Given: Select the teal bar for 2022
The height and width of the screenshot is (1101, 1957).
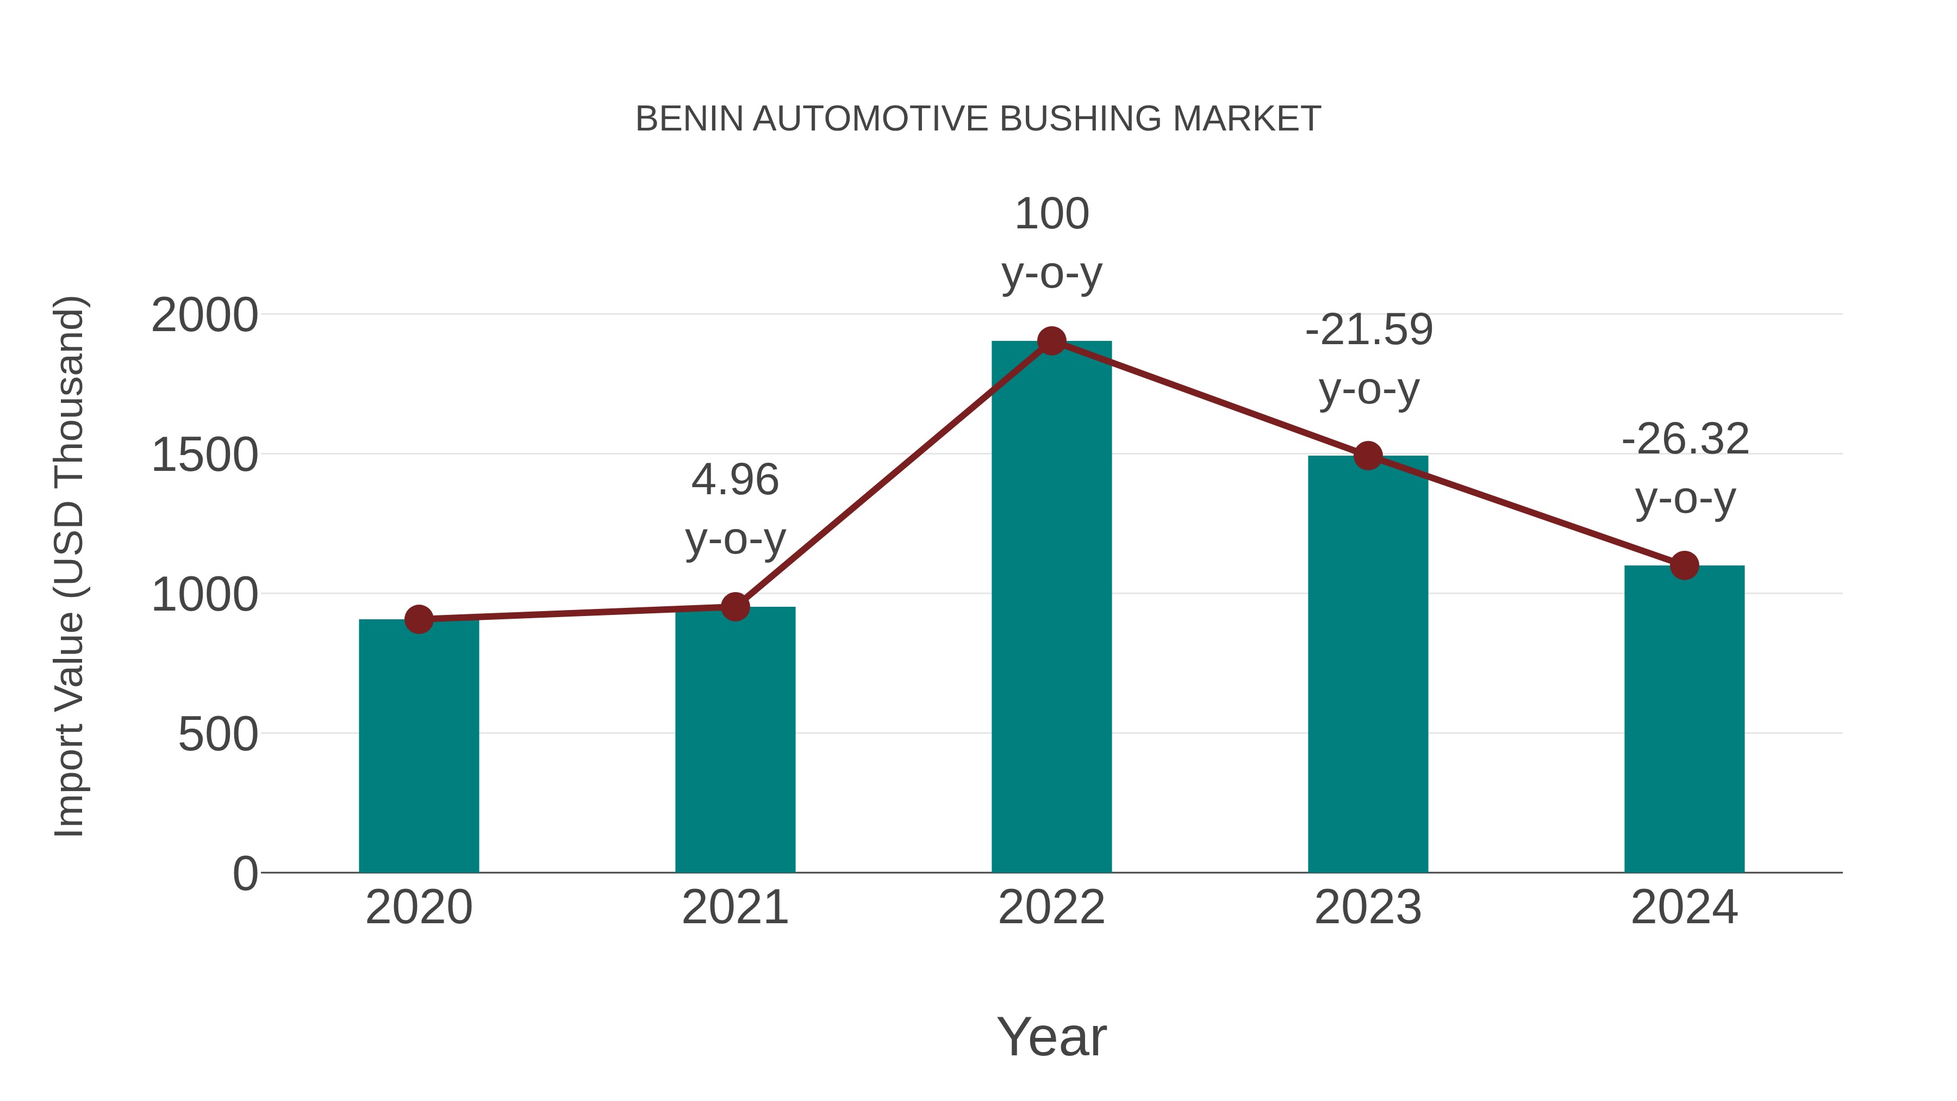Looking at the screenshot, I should click(x=1051, y=608).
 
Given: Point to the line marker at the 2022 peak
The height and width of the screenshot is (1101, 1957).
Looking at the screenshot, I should click(x=1051, y=341).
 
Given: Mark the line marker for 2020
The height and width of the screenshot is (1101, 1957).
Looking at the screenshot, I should click(x=419, y=619).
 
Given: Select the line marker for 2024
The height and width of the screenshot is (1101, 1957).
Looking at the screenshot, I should click(x=1684, y=565).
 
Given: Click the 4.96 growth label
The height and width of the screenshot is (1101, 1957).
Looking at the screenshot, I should click(x=734, y=480).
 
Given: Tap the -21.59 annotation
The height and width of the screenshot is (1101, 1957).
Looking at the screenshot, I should click(x=1368, y=331).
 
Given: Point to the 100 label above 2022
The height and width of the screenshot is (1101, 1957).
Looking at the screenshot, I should click(x=1051, y=214).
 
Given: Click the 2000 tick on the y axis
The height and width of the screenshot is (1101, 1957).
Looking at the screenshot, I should click(x=204, y=315).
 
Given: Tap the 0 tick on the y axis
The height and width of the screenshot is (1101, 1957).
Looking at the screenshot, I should click(x=245, y=874).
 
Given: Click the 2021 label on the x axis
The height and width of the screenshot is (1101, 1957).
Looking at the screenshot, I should click(x=734, y=907).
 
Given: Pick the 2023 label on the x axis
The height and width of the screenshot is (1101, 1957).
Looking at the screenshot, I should click(x=1368, y=907).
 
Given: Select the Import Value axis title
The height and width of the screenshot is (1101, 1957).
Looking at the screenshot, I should click(x=68, y=566).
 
